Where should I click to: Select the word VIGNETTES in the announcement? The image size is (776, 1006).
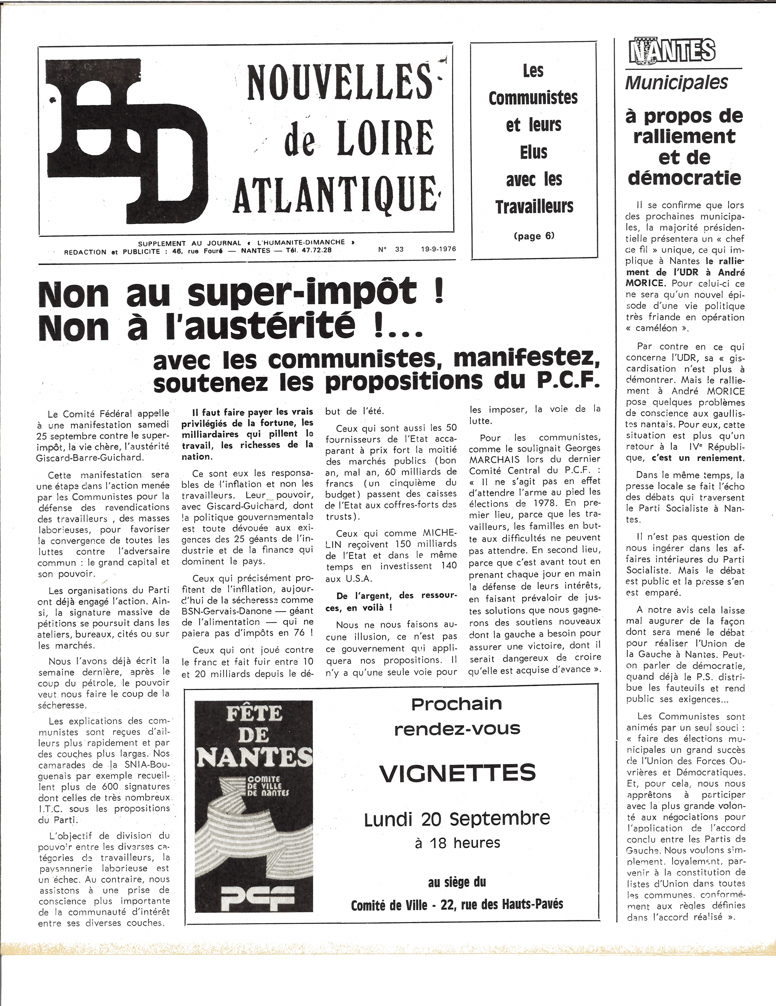point(457,773)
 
